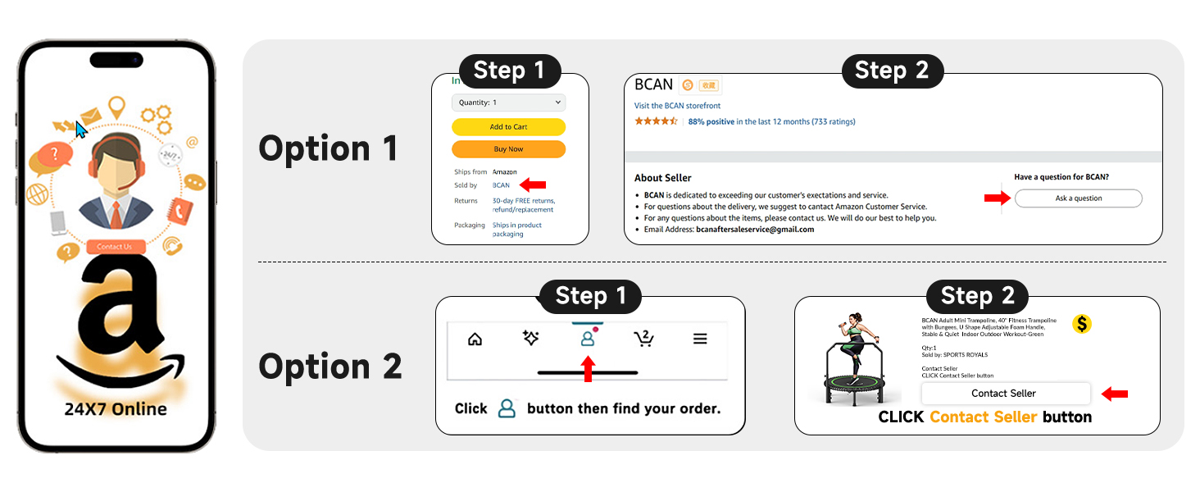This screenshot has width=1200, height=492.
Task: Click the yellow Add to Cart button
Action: [x=508, y=127]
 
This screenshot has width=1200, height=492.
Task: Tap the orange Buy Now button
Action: [x=508, y=149]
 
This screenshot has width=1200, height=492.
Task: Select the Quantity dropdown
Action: [x=508, y=102]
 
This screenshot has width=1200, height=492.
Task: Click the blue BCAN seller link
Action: [x=501, y=185]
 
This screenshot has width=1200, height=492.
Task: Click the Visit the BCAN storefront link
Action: [x=677, y=106]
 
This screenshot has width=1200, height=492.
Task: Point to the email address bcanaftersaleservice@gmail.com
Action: [x=754, y=230]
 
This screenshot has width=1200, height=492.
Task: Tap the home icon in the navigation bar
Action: [x=475, y=339]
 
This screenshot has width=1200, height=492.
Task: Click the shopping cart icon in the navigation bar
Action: [x=643, y=338]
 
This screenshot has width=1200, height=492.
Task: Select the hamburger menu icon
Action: [x=700, y=339]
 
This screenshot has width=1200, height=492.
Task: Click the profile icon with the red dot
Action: [x=588, y=338]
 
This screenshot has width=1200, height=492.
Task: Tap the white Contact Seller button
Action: [x=1005, y=394]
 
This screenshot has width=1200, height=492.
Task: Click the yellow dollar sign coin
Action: [x=1082, y=324]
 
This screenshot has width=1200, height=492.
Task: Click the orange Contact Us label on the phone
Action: [x=115, y=247]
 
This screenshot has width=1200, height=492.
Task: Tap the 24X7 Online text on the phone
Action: [x=116, y=409]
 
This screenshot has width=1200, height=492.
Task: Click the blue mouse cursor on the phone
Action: [x=81, y=130]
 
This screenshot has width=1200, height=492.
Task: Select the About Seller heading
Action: [x=662, y=178]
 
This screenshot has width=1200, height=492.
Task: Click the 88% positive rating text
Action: [x=711, y=122]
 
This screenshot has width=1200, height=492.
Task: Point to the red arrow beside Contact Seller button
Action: [x=1114, y=394]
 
